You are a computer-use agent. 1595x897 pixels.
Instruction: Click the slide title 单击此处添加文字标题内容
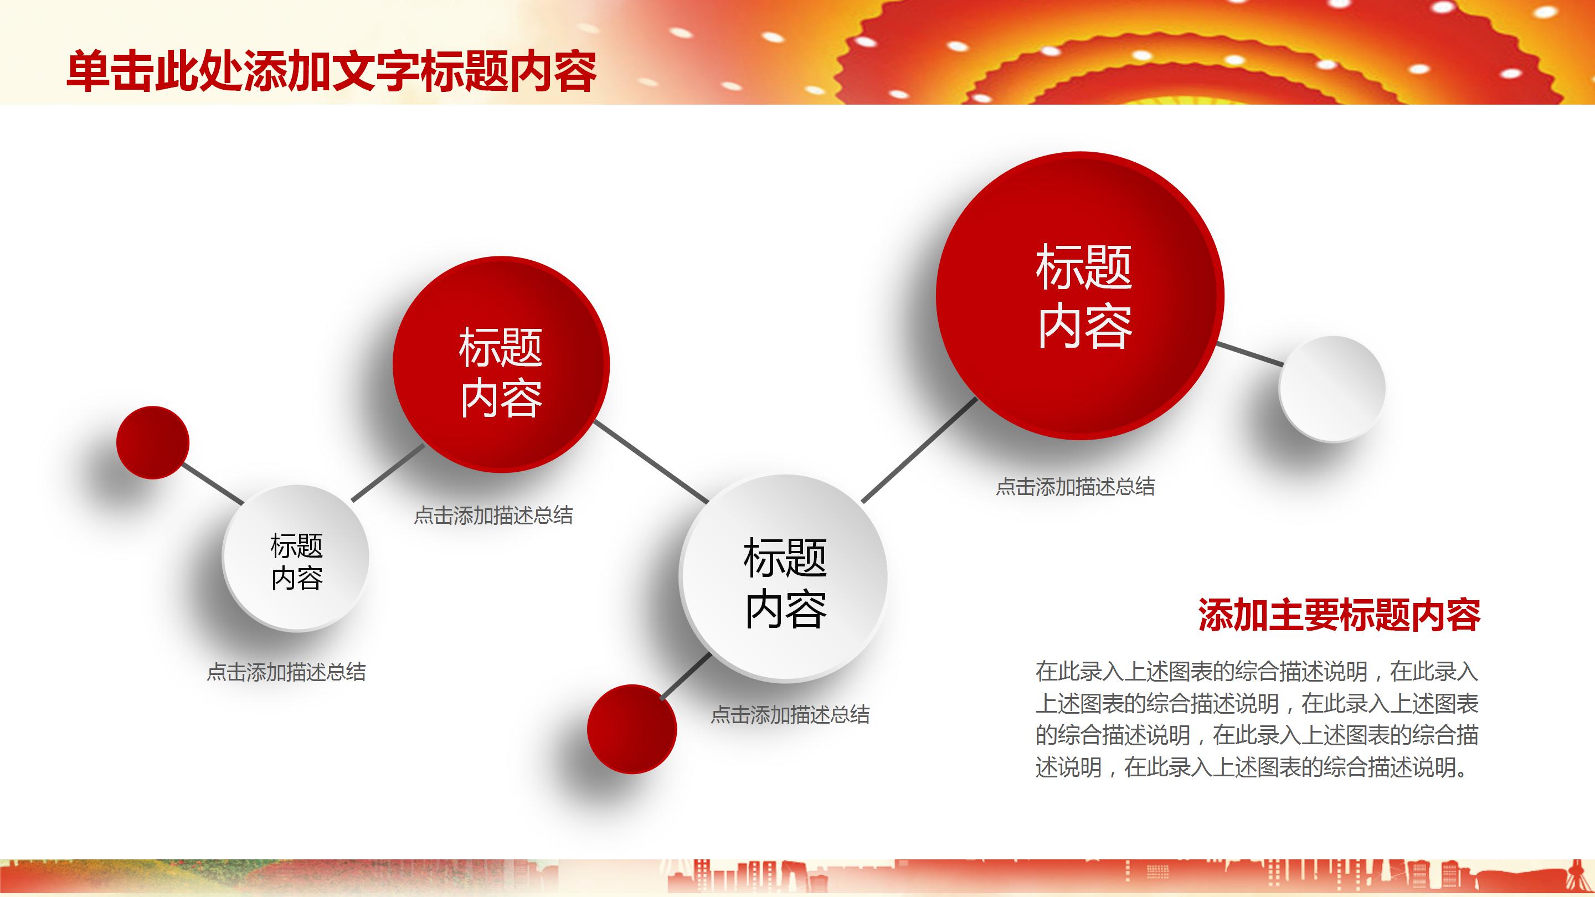pyautogui.click(x=331, y=72)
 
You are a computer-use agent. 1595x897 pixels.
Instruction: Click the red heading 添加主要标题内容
pyautogui.click(x=1339, y=615)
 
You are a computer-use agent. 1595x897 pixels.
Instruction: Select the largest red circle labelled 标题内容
pyautogui.click(x=1080, y=296)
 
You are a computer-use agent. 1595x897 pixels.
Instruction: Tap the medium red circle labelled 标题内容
pyautogui.click(x=501, y=365)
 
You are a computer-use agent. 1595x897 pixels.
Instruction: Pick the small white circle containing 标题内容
pyautogui.click(x=296, y=558)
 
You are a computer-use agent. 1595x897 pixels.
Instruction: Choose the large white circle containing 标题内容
pyautogui.click(x=784, y=578)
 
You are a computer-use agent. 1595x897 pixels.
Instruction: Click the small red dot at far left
pyautogui.click(x=152, y=442)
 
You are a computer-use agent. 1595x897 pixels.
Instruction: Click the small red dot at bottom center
pyautogui.click(x=631, y=729)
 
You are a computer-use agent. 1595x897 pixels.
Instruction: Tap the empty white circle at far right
pyautogui.click(x=1332, y=389)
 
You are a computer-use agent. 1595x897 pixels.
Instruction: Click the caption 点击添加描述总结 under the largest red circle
pyautogui.click(x=1075, y=487)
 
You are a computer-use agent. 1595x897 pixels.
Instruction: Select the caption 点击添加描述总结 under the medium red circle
pyautogui.click(x=493, y=515)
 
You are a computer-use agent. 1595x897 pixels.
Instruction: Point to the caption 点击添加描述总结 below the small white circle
pyautogui.click(x=286, y=672)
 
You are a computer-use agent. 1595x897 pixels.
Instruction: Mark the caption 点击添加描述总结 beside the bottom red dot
pyautogui.click(x=790, y=715)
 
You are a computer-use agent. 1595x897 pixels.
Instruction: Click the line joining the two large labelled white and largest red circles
pyautogui.click(x=919, y=450)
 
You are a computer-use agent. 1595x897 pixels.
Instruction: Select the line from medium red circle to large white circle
pyautogui.click(x=651, y=462)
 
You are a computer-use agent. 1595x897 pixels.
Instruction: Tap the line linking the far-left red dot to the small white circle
pyautogui.click(x=213, y=483)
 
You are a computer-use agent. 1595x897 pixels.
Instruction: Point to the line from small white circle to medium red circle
pyautogui.click(x=388, y=473)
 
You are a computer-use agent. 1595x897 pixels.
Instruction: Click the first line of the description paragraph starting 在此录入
pyautogui.click(x=1257, y=671)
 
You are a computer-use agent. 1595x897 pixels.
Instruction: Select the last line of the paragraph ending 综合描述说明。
pyautogui.click(x=1252, y=767)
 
